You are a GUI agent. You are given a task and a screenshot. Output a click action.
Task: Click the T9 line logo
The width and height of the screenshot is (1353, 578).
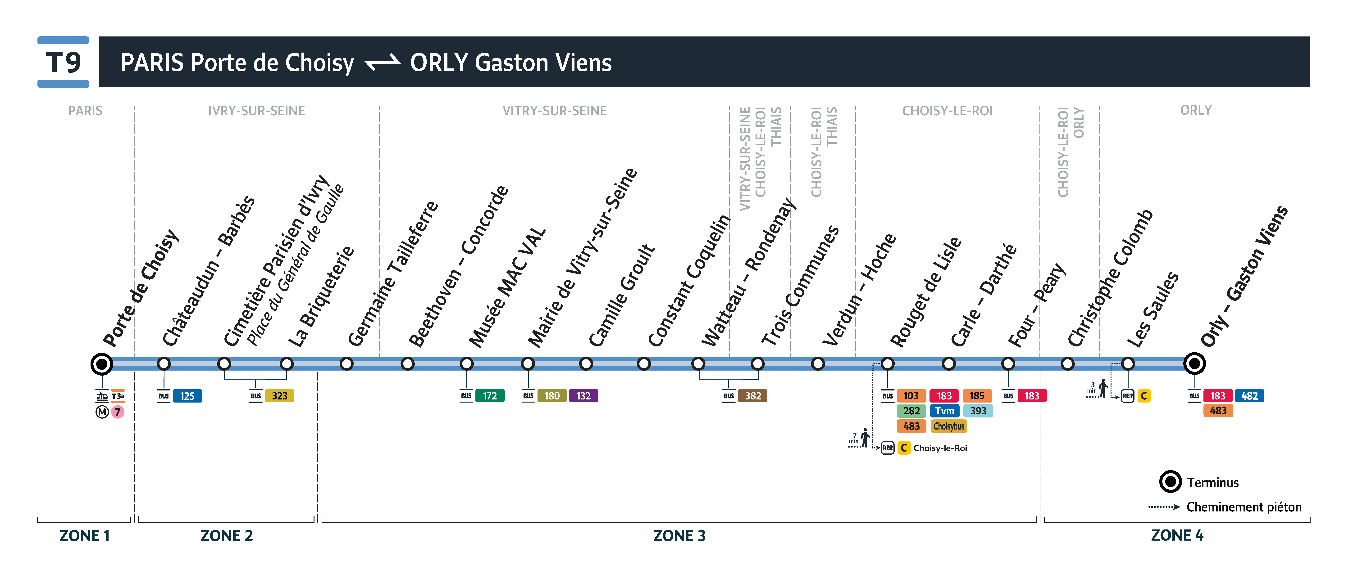(63, 62)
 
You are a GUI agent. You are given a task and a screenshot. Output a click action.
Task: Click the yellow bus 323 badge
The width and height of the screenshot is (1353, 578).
(279, 396)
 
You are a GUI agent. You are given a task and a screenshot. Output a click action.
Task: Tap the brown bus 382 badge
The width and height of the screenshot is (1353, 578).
(753, 396)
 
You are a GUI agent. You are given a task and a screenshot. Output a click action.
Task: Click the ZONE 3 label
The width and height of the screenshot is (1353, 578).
(679, 535)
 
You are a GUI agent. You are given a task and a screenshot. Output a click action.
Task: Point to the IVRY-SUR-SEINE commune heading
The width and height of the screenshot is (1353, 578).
(256, 111)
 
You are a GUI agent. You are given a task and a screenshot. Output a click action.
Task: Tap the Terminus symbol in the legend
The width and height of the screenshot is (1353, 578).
(1170, 481)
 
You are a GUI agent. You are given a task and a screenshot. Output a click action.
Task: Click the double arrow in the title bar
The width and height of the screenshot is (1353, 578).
(382, 63)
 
